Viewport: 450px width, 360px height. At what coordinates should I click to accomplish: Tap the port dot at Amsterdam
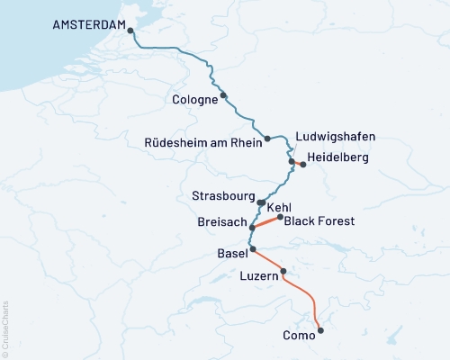[131, 30]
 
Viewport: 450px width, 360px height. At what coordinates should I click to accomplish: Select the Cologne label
[194, 100]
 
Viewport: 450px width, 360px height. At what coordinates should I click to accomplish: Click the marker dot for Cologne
[224, 95]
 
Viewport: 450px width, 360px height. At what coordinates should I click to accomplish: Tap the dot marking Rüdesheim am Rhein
[267, 139]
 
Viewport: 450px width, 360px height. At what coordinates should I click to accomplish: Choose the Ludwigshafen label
[336, 137]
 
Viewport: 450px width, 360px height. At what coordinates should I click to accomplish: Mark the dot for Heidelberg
[303, 165]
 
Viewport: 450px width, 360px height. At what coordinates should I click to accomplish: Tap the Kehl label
[280, 207]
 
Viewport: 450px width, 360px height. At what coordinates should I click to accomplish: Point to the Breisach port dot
[252, 229]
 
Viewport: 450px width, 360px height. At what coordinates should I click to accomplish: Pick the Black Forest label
[319, 220]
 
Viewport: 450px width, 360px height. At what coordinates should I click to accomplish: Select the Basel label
[232, 255]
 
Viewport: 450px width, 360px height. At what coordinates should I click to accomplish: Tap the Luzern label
[261, 278]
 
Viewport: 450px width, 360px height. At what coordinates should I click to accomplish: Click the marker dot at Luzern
[283, 271]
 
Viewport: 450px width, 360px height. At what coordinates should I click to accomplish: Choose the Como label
[299, 336]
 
